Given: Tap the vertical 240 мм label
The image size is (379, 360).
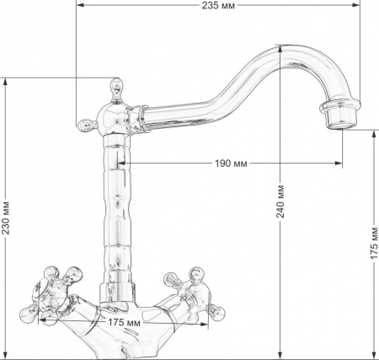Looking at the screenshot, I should (x=280, y=200).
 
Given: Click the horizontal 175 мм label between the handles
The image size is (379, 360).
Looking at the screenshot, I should (x=124, y=322).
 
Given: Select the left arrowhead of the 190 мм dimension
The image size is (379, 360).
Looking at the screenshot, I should (x=120, y=163).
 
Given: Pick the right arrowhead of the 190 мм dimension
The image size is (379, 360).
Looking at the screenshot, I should (x=341, y=163).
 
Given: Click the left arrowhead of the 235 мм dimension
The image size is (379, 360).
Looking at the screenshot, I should (x=77, y=6).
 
